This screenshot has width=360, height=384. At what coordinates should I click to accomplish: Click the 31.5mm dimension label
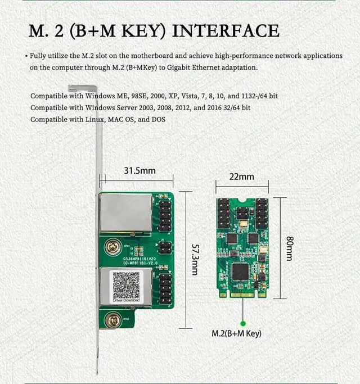(139, 170)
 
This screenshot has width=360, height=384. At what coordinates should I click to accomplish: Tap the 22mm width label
(241, 177)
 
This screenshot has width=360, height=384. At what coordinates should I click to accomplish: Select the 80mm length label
(289, 248)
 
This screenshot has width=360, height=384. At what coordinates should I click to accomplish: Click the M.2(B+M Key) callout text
(236, 334)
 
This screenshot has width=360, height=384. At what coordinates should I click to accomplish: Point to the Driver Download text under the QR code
(125, 301)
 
